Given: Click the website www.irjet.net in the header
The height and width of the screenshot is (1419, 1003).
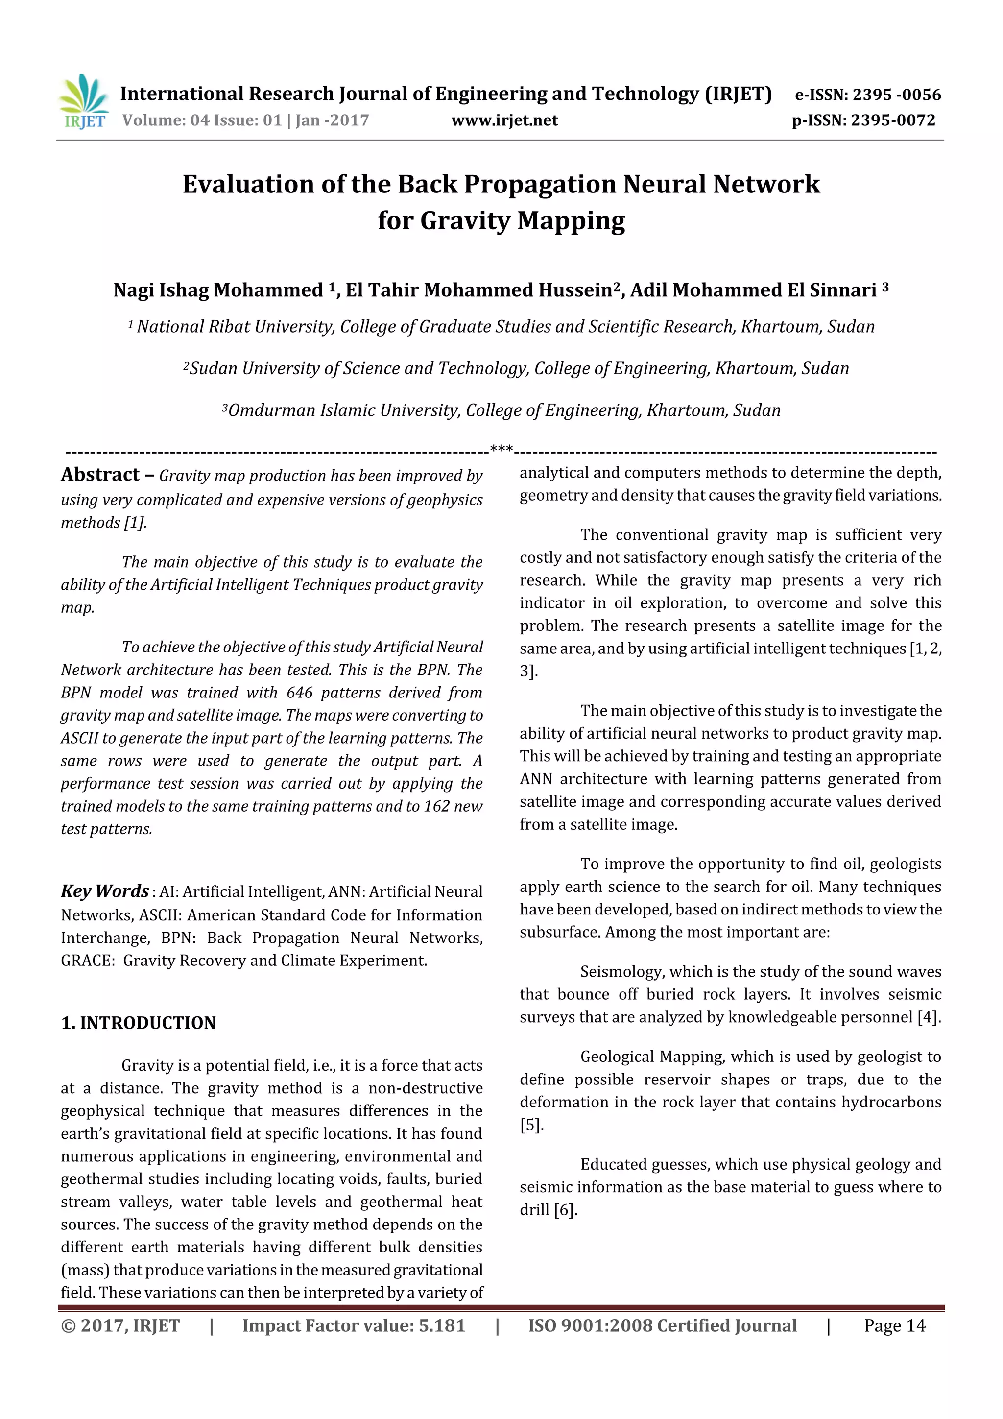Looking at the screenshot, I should [504, 120].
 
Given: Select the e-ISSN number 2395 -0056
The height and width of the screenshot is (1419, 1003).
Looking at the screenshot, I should [897, 95].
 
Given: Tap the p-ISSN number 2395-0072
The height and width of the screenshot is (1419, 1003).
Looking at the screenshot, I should [893, 120].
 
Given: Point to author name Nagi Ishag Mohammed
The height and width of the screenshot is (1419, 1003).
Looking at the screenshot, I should [218, 290].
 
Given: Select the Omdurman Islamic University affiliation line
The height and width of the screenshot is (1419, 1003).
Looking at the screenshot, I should [501, 410].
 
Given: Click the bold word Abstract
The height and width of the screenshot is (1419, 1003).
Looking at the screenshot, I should [100, 475].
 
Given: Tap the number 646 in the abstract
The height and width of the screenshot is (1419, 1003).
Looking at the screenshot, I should [299, 692].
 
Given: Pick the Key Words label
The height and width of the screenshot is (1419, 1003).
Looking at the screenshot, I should [104, 891].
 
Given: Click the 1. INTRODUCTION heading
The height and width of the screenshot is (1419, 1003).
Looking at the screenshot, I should [139, 1023].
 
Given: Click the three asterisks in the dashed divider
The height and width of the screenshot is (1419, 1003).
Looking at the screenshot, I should [501, 449].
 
